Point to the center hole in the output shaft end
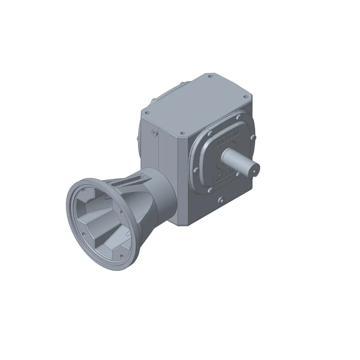point(254,171)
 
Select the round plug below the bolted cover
point(221,200)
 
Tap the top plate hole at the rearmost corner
point(210,76)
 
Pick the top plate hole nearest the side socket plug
point(148,113)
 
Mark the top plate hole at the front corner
point(182,134)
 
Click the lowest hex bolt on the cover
point(210,190)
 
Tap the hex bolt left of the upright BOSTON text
point(210,134)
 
